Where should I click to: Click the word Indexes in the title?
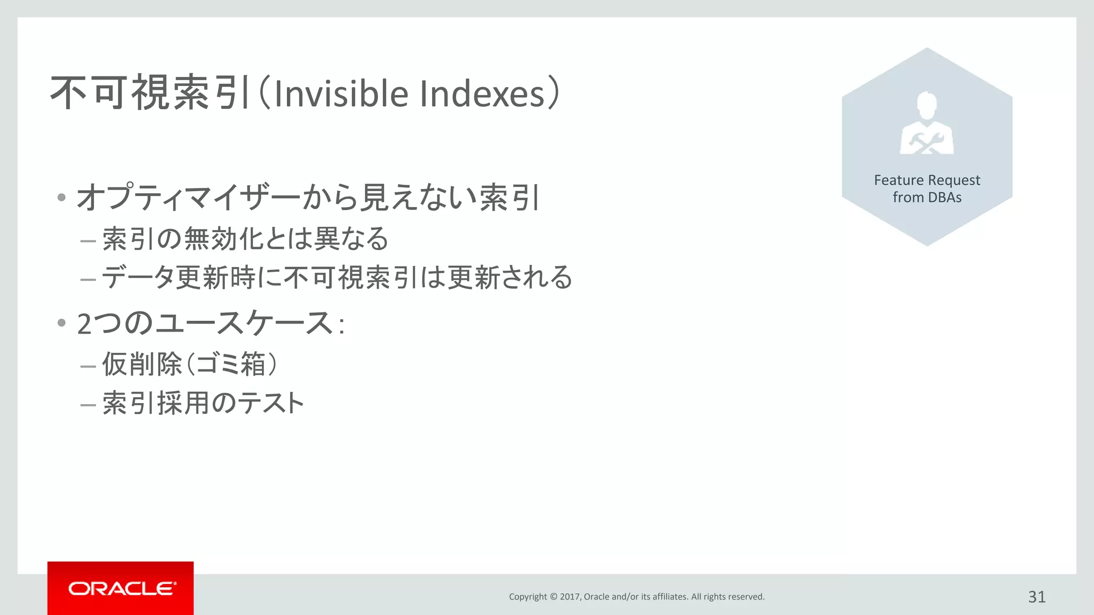(x=482, y=93)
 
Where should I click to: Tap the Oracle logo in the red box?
(x=121, y=588)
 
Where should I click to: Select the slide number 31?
(x=1036, y=597)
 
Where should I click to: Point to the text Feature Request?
(x=927, y=180)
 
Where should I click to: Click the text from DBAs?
(x=927, y=198)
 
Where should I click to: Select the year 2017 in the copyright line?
(x=570, y=597)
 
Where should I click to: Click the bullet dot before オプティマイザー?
(x=61, y=198)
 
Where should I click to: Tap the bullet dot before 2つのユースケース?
(x=61, y=322)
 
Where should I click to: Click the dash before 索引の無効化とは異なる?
(x=88, y=241)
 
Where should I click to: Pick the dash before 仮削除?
(x=88, y=367)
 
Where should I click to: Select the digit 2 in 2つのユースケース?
(x=84, y=324)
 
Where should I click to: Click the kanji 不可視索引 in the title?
(x=150, y=93)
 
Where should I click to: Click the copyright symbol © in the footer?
(x=553, y=597)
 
